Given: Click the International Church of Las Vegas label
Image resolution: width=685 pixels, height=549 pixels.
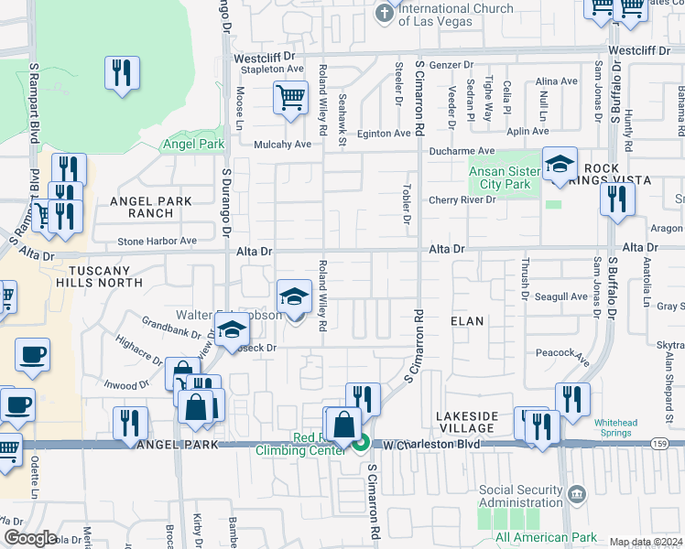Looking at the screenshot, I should [455, 15].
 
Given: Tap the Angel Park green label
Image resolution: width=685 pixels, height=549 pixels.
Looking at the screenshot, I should [193, 144].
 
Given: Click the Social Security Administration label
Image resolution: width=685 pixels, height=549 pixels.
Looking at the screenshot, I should [520, 497].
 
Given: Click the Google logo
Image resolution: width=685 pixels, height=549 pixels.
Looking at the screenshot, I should [30, 538].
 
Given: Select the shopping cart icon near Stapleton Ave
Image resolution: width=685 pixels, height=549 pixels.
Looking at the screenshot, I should [290, 98].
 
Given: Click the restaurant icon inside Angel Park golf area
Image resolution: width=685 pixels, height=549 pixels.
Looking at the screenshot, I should [122, 72].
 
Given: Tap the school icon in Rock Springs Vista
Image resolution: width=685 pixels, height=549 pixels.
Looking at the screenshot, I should [560, 165].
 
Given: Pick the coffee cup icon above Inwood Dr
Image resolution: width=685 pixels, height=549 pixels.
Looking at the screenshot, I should [33, 355].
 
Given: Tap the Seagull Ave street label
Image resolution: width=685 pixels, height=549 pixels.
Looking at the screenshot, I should [567, 296].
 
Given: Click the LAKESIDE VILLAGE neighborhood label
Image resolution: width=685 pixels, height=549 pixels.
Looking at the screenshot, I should [467, 422].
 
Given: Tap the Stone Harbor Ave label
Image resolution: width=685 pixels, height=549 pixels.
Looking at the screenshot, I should [157, 241].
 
